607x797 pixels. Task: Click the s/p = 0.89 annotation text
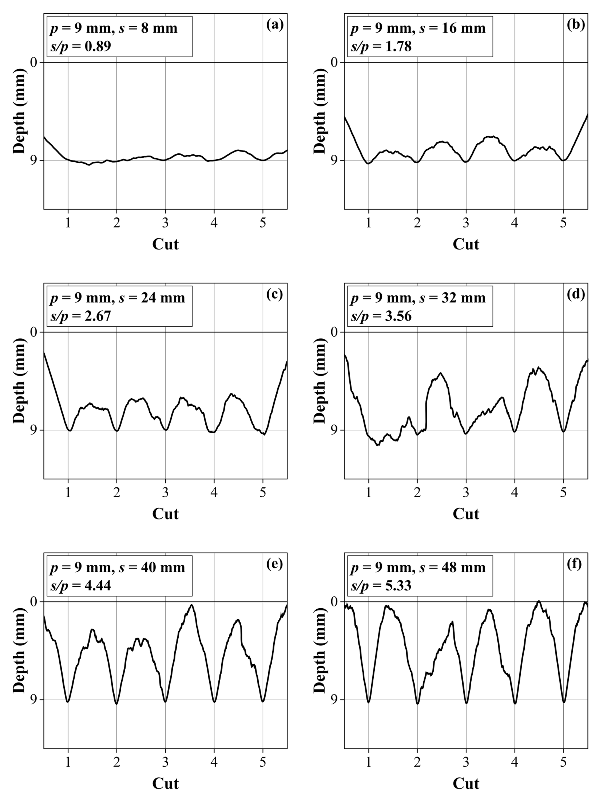click(81, 47)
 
